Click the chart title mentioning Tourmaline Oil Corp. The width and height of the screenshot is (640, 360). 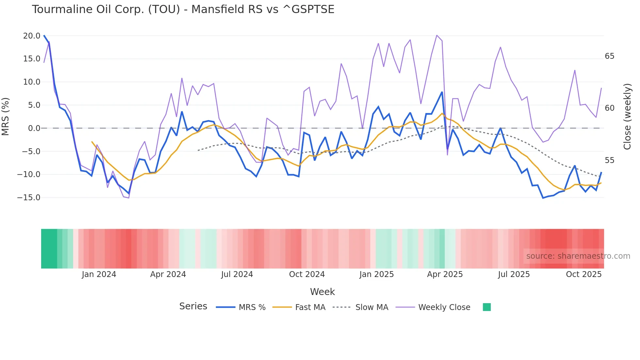tap(183, 9)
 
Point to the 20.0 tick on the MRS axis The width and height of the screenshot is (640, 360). tap(31, 36)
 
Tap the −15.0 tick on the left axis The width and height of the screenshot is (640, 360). tap(29, 198)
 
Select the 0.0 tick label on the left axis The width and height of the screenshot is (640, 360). tap(34, 128)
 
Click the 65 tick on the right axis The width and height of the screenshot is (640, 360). tap(609, 56)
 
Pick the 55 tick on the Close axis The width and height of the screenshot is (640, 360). tap(609, 160)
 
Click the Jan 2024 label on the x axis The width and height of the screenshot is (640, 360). tap(99, 274)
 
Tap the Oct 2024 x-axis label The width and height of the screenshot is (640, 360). tap(307, 274)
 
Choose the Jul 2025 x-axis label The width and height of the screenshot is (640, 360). tap(514, 274)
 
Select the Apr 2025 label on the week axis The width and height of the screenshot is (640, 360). tap(445, 274)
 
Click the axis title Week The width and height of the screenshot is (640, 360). tap(322, 292)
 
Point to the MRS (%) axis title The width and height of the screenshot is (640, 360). tap(6, 117)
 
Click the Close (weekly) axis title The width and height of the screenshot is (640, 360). tap(627, 117)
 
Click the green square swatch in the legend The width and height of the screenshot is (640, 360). tap(487, 307)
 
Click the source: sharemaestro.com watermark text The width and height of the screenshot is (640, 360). tap(578, 256)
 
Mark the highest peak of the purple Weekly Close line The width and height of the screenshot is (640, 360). tap(437, 35)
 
